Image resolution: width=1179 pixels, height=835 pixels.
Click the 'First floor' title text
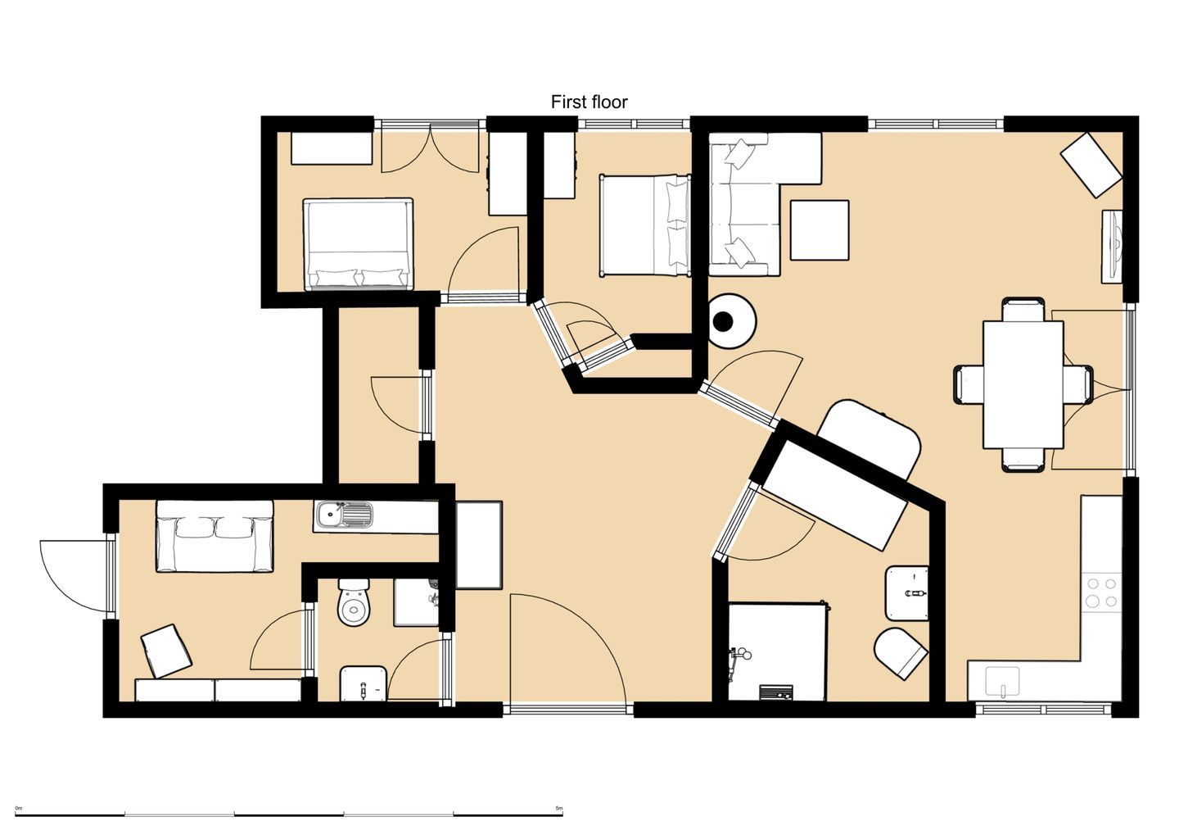589,102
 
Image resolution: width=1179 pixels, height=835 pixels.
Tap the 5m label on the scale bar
559,808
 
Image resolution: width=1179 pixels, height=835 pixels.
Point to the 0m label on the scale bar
18,808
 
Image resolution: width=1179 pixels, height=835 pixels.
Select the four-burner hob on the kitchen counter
1102,592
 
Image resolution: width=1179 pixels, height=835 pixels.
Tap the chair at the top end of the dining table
1023,310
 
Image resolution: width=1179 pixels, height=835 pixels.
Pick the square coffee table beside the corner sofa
820,230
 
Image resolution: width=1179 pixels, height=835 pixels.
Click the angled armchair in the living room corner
1091,165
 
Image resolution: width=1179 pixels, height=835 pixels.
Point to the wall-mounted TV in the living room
1112,247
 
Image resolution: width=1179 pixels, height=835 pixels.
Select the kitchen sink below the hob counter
1002,683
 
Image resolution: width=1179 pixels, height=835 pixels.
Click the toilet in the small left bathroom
354,602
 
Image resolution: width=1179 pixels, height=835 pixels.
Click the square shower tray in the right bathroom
778,652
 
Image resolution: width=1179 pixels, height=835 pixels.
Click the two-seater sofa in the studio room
215,536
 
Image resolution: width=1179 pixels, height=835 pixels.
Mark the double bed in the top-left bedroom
358,244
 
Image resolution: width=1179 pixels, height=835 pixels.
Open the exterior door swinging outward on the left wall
77,574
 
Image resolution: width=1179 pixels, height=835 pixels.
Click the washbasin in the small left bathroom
364,683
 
